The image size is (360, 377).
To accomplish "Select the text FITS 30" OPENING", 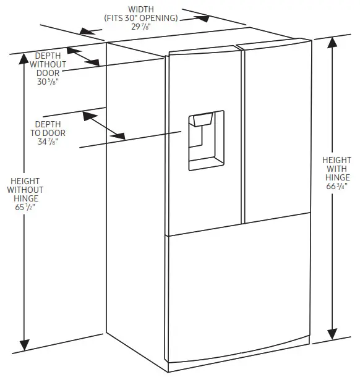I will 142,17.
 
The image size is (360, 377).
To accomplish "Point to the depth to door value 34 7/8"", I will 48,142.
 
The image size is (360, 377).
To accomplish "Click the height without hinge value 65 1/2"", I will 25,208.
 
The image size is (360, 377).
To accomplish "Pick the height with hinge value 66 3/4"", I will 336,187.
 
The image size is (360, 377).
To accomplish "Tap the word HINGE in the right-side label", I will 336,178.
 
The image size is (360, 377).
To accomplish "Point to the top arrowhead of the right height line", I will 333,44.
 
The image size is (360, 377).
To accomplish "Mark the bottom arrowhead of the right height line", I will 334,334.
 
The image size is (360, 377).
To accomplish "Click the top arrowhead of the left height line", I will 25,59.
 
